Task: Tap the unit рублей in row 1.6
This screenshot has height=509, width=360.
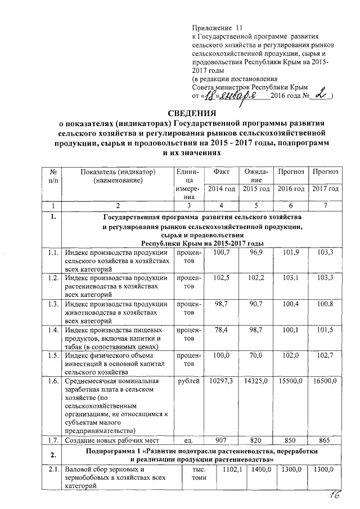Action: click(x=187, y=381)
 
